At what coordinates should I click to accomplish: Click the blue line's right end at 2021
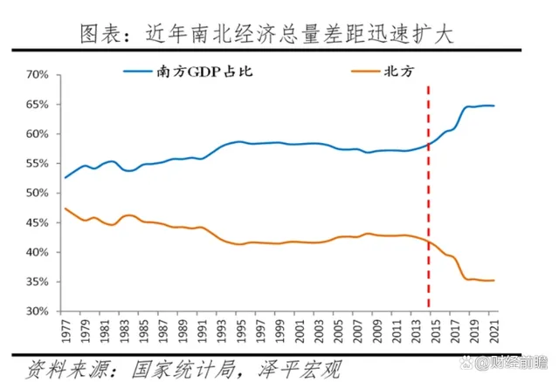click(x=494, y=106)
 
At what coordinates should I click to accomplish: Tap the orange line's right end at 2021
click(x=494, y=280)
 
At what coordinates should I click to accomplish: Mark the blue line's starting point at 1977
click(x=66, y=177)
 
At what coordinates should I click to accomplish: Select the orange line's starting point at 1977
click(x=66, y=208)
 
